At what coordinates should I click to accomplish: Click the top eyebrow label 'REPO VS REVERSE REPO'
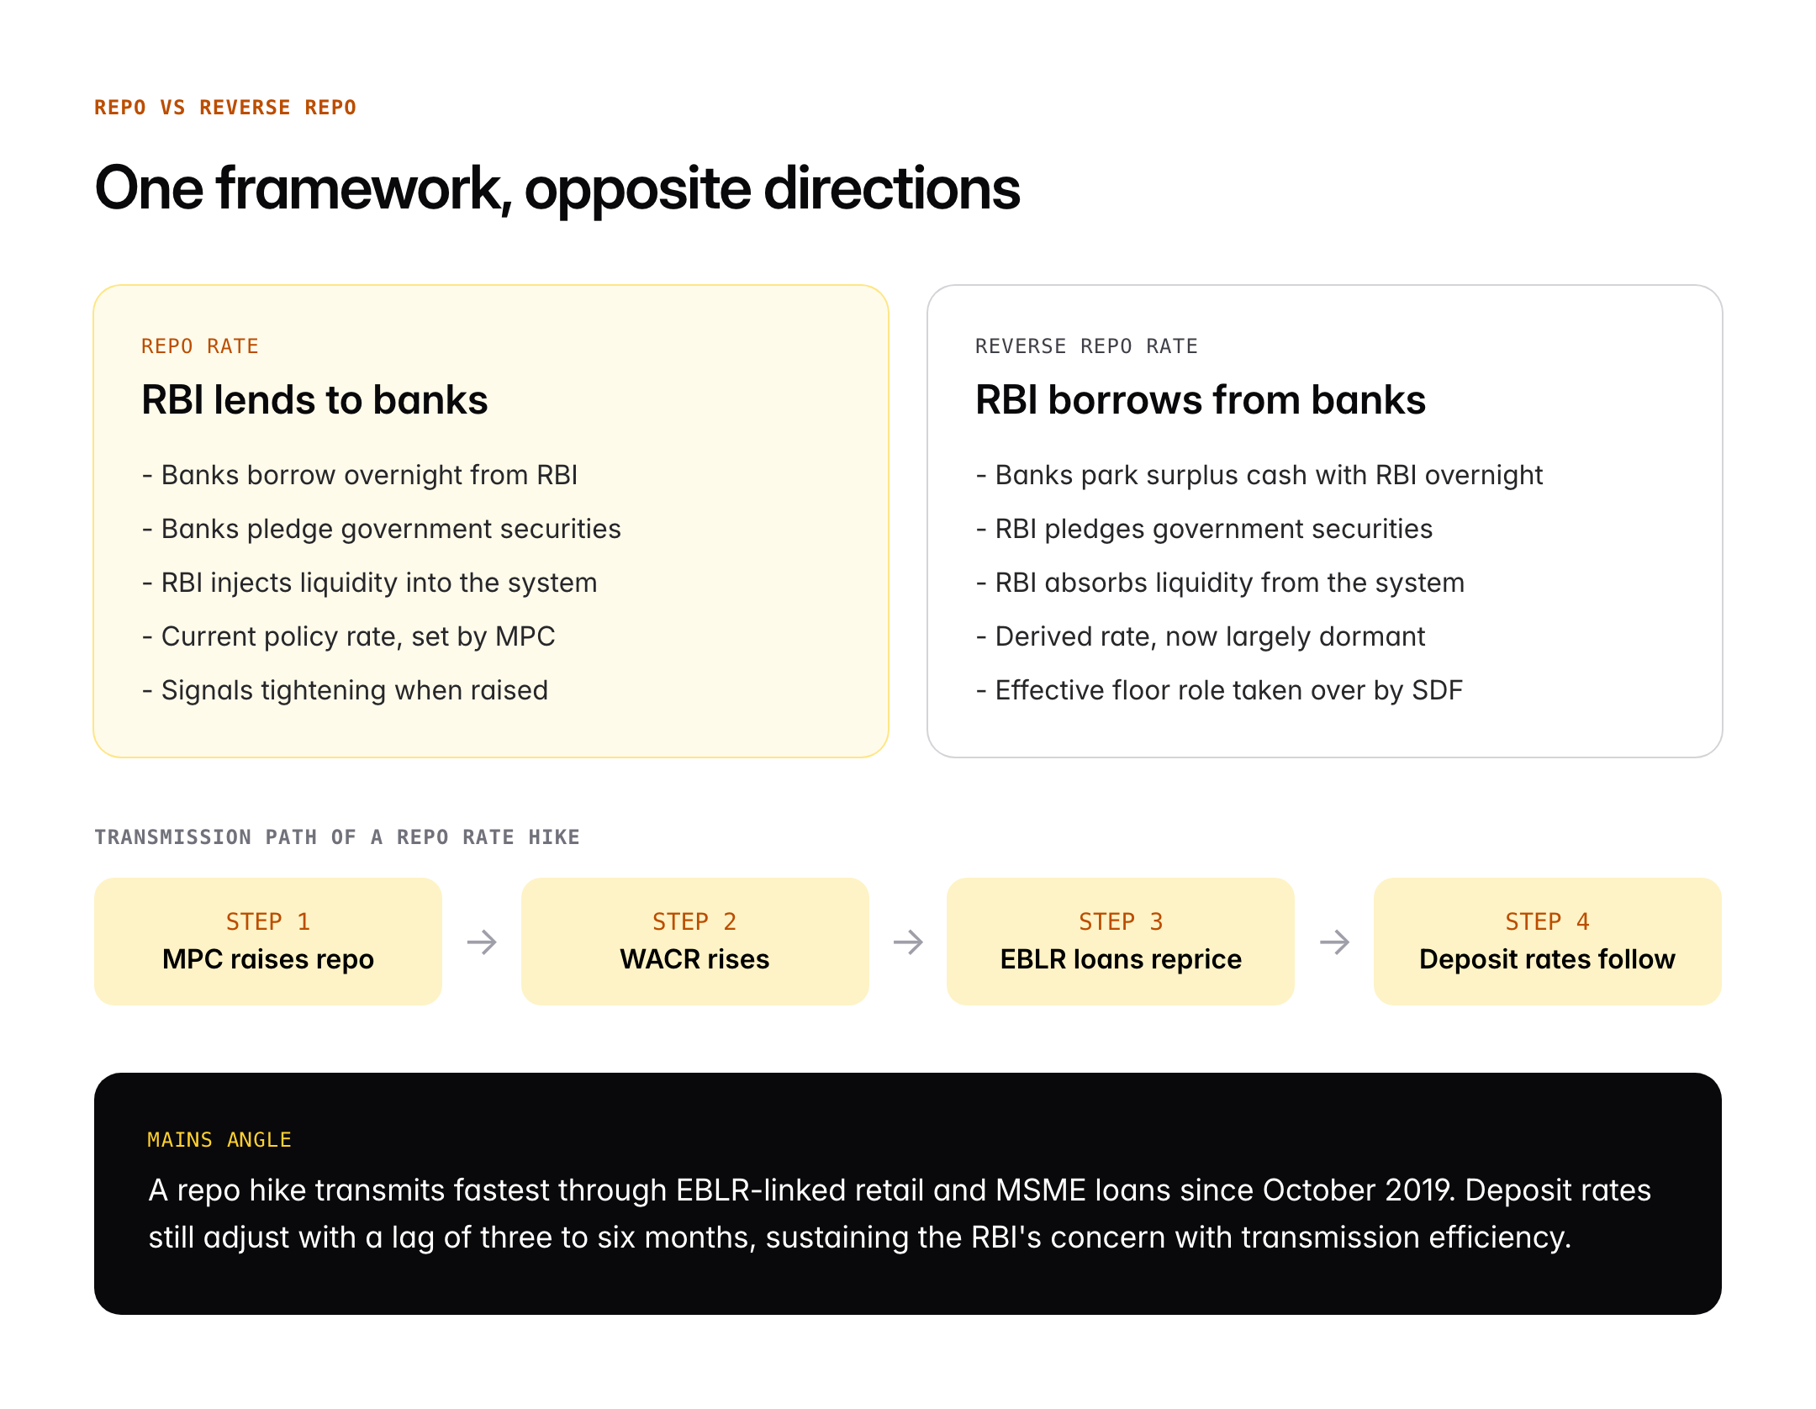pos(224,108)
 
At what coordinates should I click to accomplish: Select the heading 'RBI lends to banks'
pos(314,400)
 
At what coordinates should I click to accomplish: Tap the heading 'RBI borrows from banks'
pos(1200,400)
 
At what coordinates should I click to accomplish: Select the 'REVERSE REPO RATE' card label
pos(1085,346)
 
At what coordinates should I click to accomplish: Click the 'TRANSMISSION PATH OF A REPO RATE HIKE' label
pos(336,837)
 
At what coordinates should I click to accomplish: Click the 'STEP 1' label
pos(267,921)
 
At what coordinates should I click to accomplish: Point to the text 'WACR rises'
pos(694,959)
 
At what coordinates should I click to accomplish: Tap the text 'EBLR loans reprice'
pos(1120,959)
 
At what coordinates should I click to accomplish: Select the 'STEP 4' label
pos(1547,921)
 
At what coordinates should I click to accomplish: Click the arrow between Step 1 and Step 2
pos(482,942)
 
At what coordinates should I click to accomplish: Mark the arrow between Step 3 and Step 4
pos(1334,942)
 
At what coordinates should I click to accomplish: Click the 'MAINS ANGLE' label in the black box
pos(219,1140)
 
